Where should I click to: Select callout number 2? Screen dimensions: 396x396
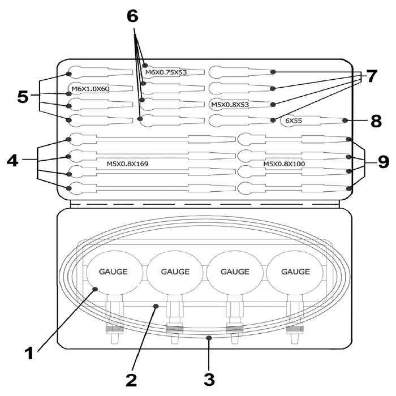(x=131, y=380)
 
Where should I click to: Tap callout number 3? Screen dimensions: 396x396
(x=209, y=380)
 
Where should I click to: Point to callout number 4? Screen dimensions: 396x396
(x=12, y=160)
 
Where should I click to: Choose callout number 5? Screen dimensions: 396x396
(x=23, y=97)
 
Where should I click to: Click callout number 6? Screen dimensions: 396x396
(x=132, y=16)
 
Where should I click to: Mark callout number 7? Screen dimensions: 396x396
(x=371, y=76)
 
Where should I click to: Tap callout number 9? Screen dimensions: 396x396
(x=384, y=162)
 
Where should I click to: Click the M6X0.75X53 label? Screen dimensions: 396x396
(x=166, y=72)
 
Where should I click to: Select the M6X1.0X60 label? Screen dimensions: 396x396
(x=91, y=89)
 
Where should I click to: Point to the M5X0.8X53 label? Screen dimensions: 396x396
(x=230, y=105)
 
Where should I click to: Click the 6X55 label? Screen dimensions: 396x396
(x=294, y=120)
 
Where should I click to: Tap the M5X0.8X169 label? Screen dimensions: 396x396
(x=127, y=164)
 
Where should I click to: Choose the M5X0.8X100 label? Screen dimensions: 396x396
(x=284, y=164)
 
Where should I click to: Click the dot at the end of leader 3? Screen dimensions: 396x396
(x=209, y=338)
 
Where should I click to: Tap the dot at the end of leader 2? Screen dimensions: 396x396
(x=156, y=306)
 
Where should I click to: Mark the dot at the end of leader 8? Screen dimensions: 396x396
(x=345, y=120)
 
